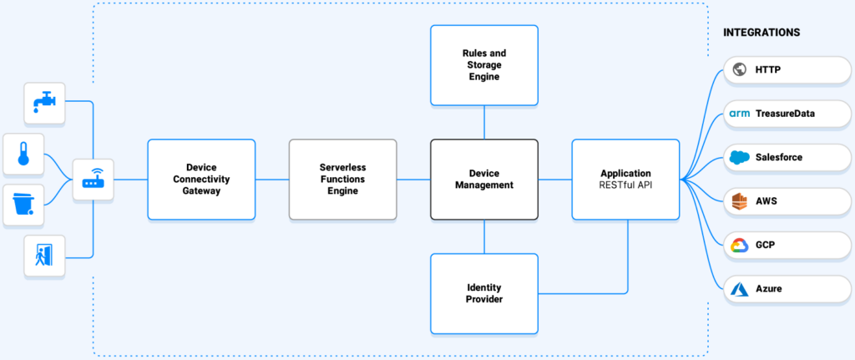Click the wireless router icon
pyautogui.click(x=93, y=180)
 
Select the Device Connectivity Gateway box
pyautogui.click(x=201, y=180)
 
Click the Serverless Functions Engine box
pyautogui.click(x=342, y=180)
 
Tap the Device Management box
pyautogui.click(x=484, y=180)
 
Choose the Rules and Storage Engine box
pyautogui.click(x=484, y=65)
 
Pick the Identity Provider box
pyautogui.click(x=484, y=293)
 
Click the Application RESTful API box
pyautogui.click(x=625, y=180)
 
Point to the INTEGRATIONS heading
pyautogui.click(x=761, y=33)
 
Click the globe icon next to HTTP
pyautogui.click(x=738, y=70)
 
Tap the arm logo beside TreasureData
pyautogui.click(x=739, y=114)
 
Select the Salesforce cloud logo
pyautogui.click(x=738, y=157)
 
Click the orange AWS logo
pyautogui.click(x=738, y=201)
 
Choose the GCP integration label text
pyautogui.click(x=766, y=245)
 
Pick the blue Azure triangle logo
pyautogui.click(x=738, y=288)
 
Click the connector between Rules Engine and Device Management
pyautogui.click(x=484, y=123)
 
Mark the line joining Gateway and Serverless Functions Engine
pyautogui.click(x=271, y=180)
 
